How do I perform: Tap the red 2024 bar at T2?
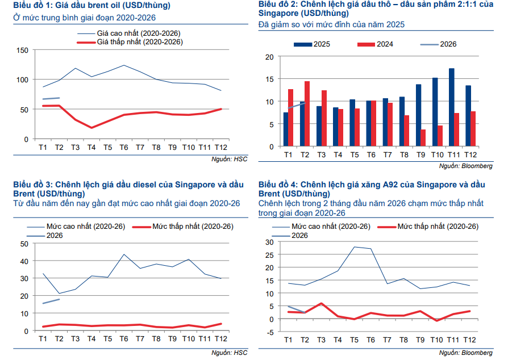pyautogui.click(x=307, y=114)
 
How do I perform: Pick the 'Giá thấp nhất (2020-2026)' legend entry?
pyautogui.click(x=140, y=42)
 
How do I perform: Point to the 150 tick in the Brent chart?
pyautogui.click(x=22, y=50)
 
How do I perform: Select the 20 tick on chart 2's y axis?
pyautogui.click(x=269, y=56)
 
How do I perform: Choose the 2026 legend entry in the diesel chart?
pyautogui.click(x=54, y=235)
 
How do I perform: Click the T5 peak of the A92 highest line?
pyautogui.click(x=355, y=247)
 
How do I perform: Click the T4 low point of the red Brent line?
pyautogui.click(x=91, y=128)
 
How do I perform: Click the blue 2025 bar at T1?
pyautogui.click(x=286, y=129)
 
